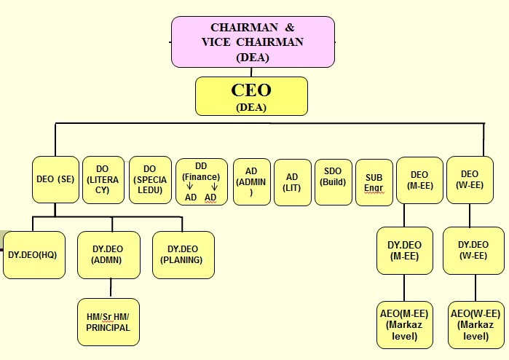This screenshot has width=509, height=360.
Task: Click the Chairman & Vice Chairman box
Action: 253,42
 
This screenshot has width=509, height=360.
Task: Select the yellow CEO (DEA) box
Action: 251,96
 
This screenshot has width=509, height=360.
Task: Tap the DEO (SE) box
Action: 55,179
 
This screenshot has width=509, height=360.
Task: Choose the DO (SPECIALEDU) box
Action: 149,179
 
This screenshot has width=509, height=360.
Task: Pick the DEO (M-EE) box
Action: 419,180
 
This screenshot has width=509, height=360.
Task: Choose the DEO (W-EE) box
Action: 470,180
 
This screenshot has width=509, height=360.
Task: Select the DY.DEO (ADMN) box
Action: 108,254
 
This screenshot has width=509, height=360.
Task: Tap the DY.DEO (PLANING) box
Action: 183,254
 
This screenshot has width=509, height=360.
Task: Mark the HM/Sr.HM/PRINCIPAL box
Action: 108,321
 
